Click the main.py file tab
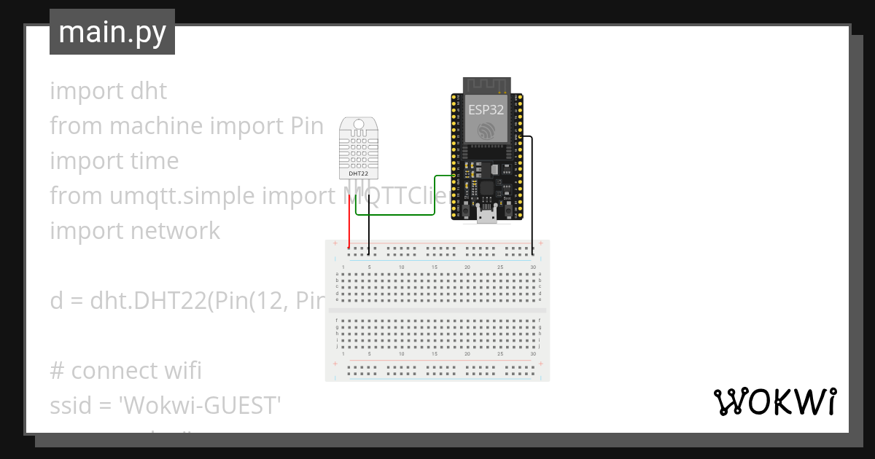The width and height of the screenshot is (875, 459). (112, 32)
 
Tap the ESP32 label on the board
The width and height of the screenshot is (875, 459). (486, 110)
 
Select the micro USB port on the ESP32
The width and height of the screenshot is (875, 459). (486, 213)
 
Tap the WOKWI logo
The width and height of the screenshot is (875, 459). (774, 402)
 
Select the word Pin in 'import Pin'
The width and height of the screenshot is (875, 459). (302, 126)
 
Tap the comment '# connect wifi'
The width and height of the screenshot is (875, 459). (125, 371)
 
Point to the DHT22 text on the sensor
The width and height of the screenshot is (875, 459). (358, 174)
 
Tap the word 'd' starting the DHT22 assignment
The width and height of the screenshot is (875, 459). (56, 301)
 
